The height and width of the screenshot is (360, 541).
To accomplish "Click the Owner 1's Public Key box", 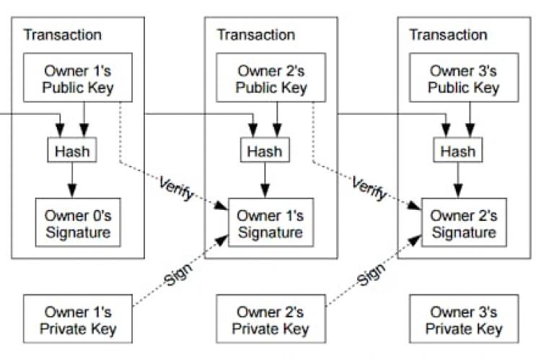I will tap(79, 79).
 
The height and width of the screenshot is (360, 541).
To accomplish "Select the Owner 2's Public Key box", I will tap(272, 79).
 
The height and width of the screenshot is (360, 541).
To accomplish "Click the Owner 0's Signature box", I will tap(79, 224).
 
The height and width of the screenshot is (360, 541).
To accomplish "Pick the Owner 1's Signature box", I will tap(272, 224).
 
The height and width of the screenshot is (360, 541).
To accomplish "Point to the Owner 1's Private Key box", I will tap(79, 321).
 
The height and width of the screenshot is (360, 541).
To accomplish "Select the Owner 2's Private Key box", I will tap(272, 321).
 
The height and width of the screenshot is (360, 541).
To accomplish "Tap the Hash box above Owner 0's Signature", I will tap(71, 152).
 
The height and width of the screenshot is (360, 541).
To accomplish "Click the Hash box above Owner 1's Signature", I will tap(265, 152).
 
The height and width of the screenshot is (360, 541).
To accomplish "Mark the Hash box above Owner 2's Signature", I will tap(457, 152).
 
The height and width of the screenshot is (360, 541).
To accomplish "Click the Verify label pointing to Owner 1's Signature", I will tap(176, 189).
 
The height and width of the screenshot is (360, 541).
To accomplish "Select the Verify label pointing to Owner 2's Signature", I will tap(369, 189).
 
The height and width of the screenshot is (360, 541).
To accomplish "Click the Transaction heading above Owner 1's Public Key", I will tap(63, 35).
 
